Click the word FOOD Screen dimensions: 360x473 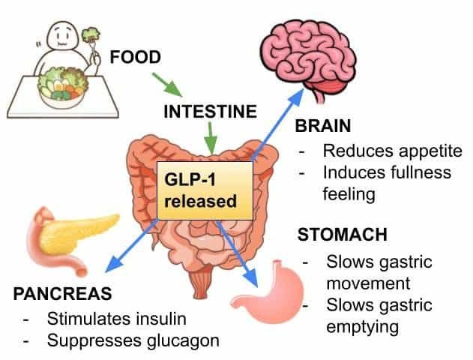tap(136, 57)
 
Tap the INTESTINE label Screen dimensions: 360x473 tap(211, 112)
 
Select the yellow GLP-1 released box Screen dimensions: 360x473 tap(202, 191)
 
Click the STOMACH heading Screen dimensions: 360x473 tap(343, 235)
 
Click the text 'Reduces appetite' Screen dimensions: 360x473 tap(392, 151)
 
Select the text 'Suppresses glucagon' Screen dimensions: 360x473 tap(133, 340)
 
